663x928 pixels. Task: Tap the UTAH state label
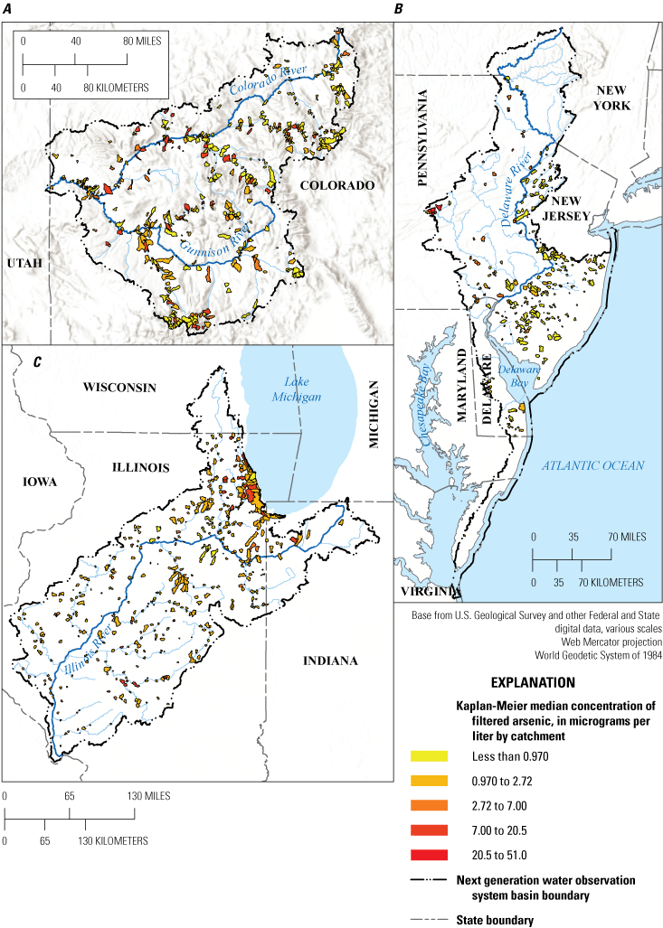click(24, 262)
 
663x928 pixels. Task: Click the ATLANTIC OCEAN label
click(592, 465)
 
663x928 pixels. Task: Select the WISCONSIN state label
click(120, 387)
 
